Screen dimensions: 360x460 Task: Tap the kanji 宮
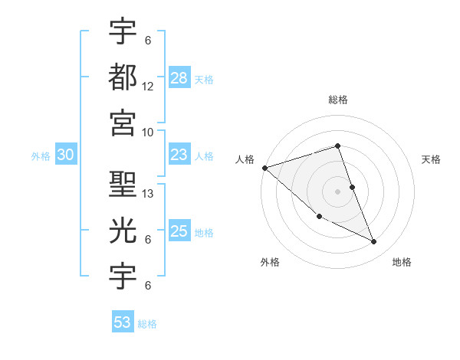coord(123,121)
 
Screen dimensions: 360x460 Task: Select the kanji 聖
coord(123,184)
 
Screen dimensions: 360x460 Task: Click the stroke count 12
coord(148,87)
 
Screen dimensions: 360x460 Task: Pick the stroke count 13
coord(149,194)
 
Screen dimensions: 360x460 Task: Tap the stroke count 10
coord(148,132)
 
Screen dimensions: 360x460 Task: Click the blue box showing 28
coord(179,78)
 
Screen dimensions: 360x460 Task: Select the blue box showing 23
coord(179,155)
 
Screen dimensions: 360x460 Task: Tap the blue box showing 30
coord(65,155)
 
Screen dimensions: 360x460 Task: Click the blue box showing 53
coord(123,322)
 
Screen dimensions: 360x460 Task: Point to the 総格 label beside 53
coord(147,323)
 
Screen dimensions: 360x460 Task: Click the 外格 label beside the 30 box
coord(41,156)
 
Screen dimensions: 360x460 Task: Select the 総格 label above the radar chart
coord(337,100)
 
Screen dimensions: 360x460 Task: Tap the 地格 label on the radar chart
coord(402,262)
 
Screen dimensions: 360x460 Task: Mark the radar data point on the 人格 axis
coord(264,168)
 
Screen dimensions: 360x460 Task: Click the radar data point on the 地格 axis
coord(374,241)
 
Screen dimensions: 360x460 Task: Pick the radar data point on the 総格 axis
coord(337,146)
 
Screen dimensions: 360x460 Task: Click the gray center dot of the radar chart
coord(337,191)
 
